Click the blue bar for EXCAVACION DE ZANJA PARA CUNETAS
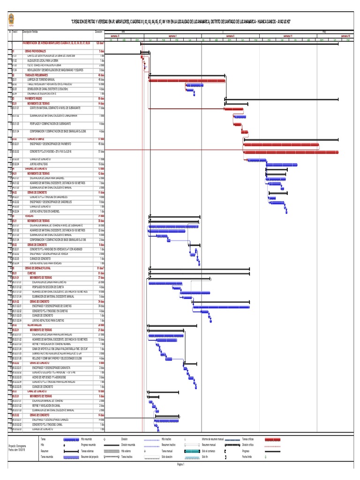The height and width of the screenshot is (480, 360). pyautogui.click(x=165, y=283)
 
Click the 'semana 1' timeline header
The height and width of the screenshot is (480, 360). pyautogui.click(x=172, y=36)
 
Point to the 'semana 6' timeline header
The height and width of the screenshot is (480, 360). pyautogui.click(x=230, y=36)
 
